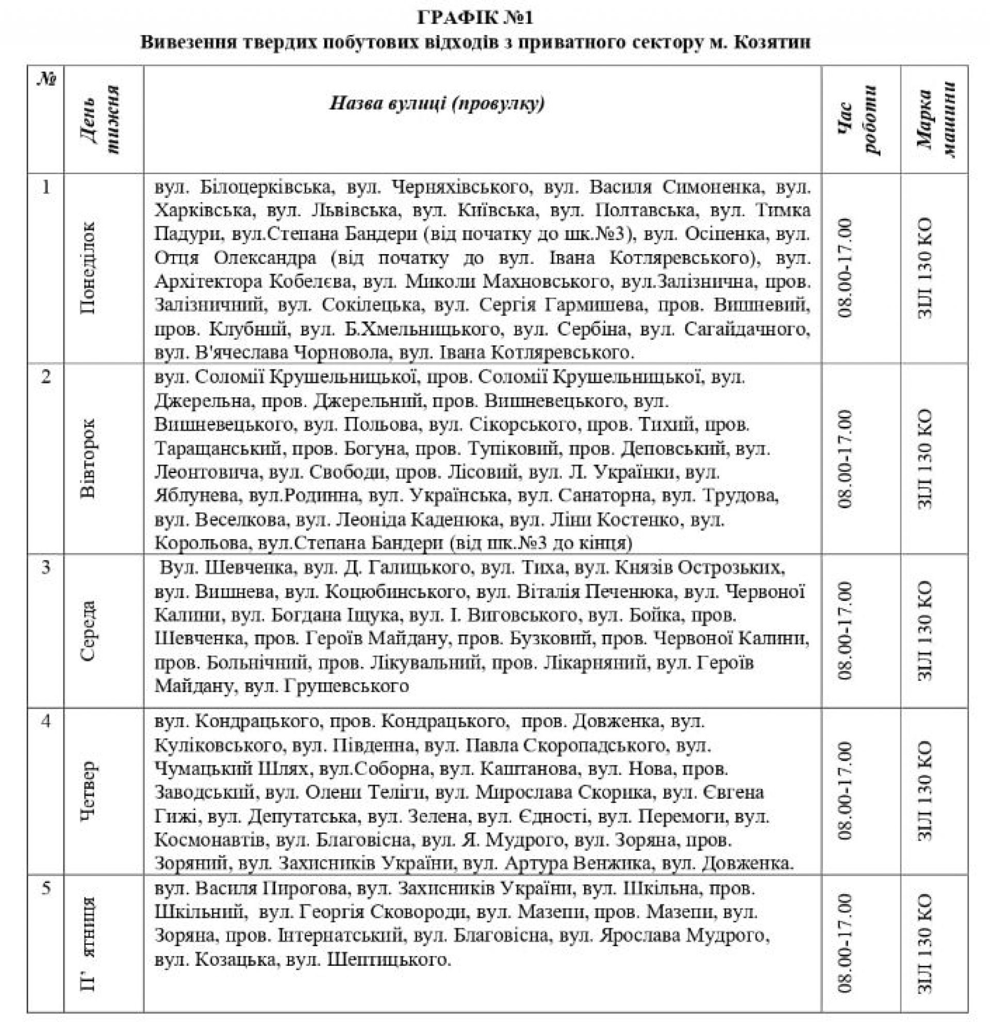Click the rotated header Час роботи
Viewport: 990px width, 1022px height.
click(x=861, y=120)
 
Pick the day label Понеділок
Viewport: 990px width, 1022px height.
click(x=88, y=267)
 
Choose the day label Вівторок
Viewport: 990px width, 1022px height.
click(x=88, y=458)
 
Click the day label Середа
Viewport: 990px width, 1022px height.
click(x=88, y=630)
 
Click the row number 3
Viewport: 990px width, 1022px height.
click(x=46, y=566)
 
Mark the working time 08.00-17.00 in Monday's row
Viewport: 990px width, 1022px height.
click(x=845, y=267)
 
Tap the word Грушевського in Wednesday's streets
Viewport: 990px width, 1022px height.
click(x=346, y=686)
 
